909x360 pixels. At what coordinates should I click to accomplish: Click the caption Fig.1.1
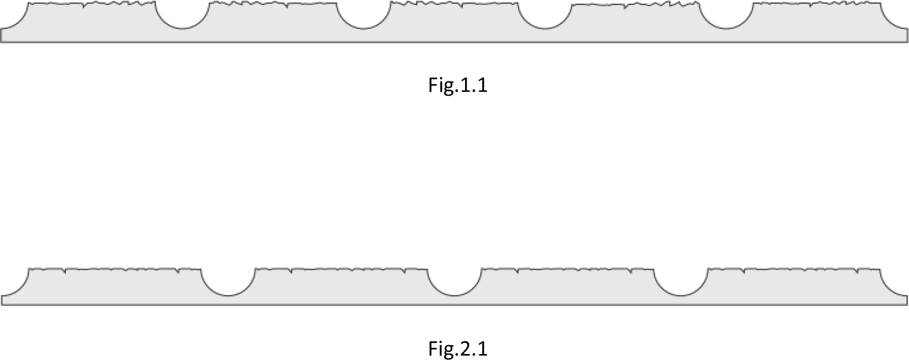[458, 85]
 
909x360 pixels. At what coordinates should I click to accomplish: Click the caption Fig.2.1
[458, 349]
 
